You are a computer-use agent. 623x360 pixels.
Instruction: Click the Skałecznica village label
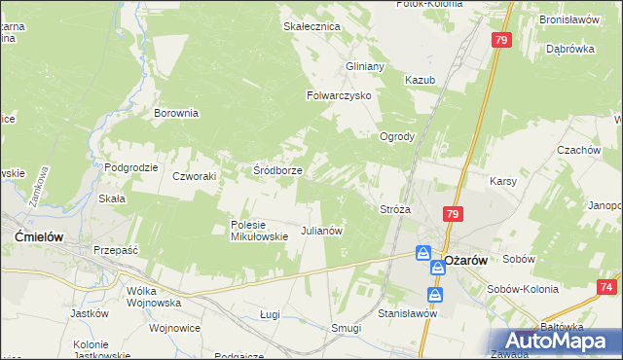point(311,26)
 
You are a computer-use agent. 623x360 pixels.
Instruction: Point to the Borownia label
point(176,113)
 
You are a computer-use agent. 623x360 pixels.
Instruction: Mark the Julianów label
point(321,231)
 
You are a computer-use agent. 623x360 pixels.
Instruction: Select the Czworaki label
point(194,176)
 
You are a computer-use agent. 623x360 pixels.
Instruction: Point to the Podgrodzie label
point(131,167)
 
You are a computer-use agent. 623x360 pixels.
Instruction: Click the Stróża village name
point(395,208)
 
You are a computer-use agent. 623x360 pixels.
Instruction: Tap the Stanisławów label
point(409,313)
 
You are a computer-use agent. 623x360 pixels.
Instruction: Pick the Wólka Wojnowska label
point(155,296)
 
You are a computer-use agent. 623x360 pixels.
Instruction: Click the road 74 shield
point(607,287)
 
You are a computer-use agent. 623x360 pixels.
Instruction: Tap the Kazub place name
point(420,79)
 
